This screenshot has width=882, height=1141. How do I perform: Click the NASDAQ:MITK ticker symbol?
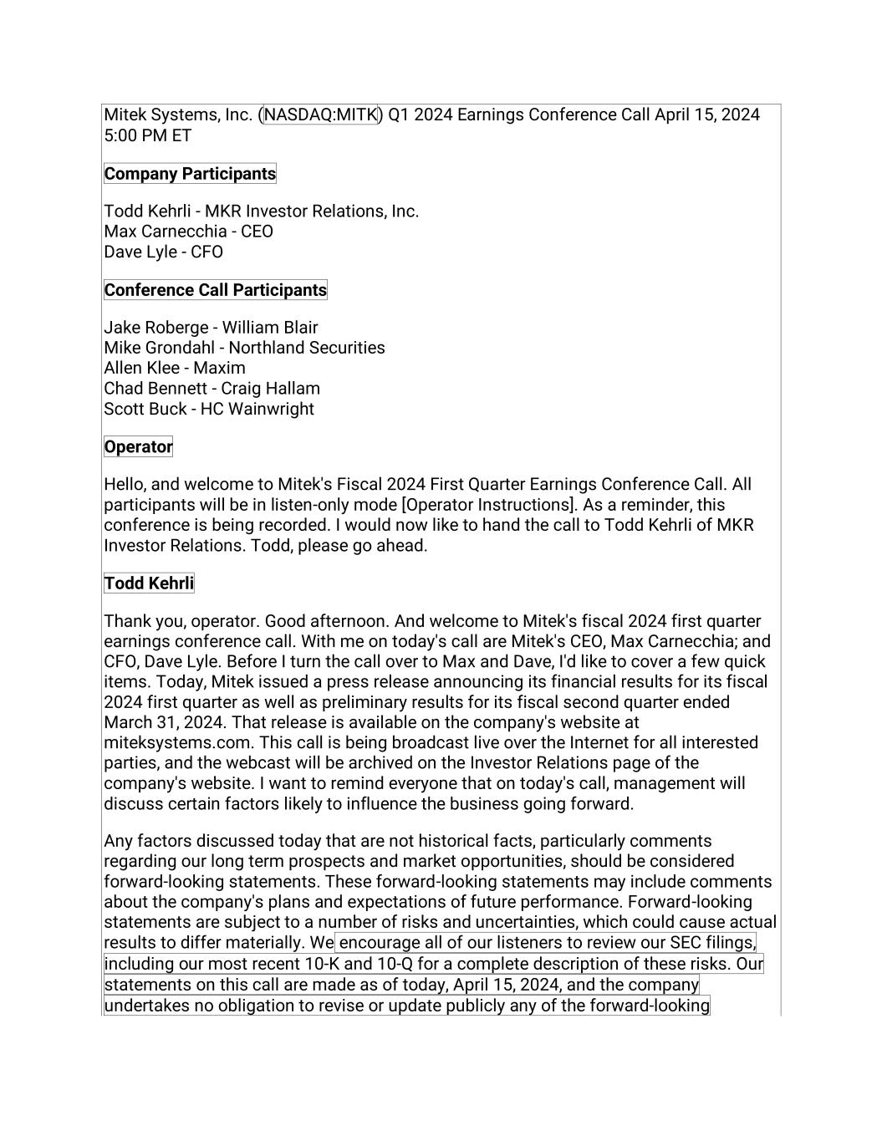[x=321, y=115]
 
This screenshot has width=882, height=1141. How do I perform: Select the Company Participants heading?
[x=190, y=174]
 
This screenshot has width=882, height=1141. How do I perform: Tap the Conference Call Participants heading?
[x=215, y=290]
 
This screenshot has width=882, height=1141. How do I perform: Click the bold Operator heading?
[x=138, y=446]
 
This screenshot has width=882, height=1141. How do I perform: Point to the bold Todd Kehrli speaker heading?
[x=149, y=583]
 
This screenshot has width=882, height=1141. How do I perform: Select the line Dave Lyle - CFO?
[x=163, y=252]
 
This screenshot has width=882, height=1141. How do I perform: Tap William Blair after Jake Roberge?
[x=269, y=328]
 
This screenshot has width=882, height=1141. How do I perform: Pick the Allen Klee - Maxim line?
[x=174, y=368]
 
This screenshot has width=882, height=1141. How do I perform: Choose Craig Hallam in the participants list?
[x=270, y=389]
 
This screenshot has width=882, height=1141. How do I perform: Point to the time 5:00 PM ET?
[x=147, y=135]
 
